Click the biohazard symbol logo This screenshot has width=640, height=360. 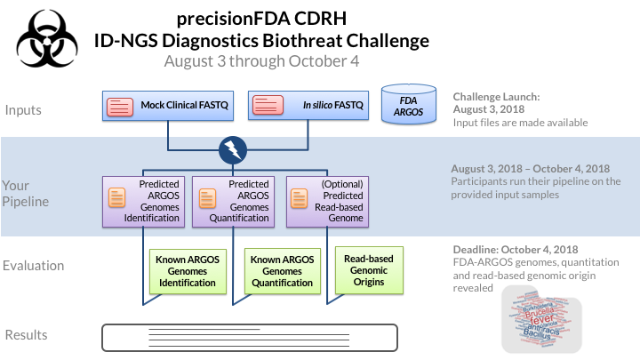[43, 39]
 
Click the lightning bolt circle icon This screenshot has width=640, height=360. [233, 149]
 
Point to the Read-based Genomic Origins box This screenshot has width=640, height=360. [368, 270]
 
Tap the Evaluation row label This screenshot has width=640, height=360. [35, 266]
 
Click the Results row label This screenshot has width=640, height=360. [27, 335]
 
